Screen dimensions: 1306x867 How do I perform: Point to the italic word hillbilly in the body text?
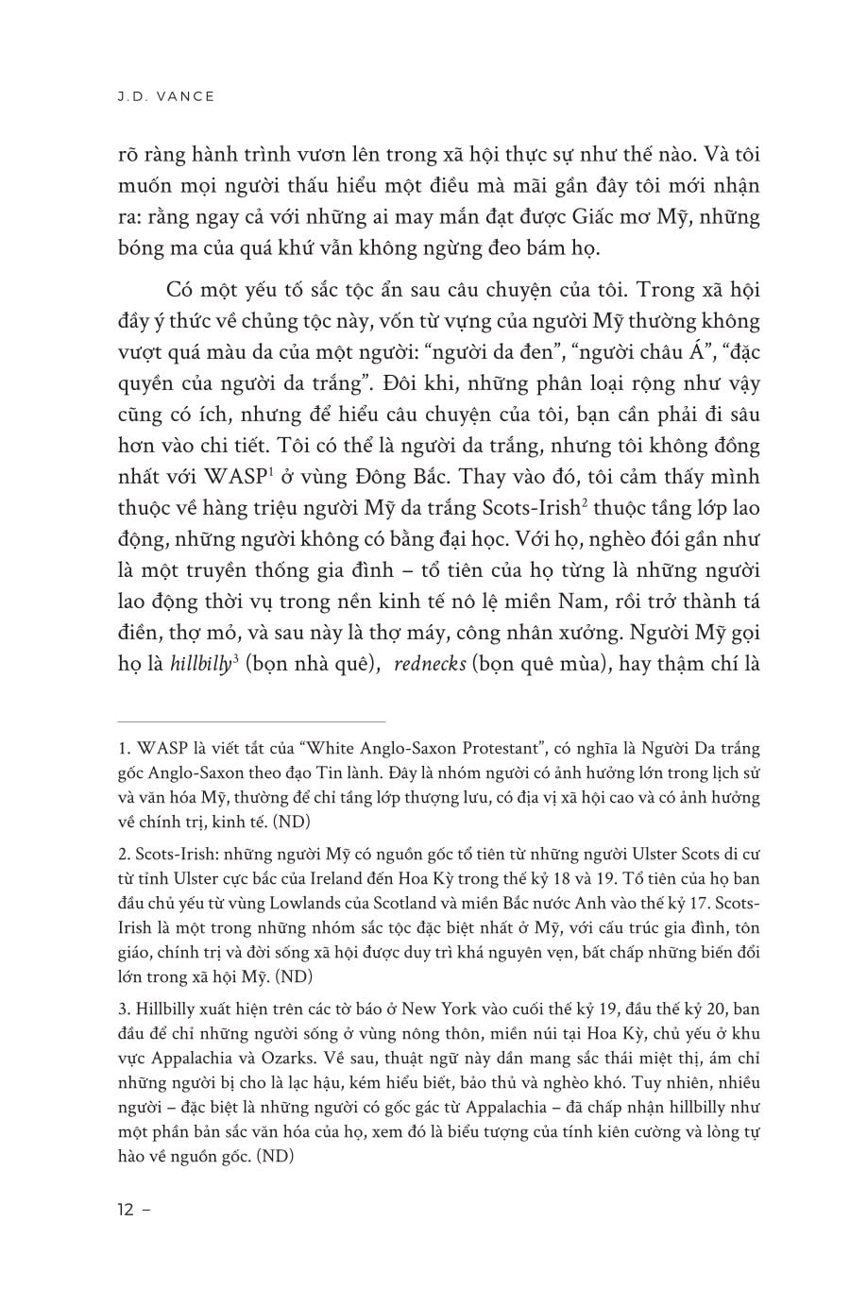click(x=201, y=666)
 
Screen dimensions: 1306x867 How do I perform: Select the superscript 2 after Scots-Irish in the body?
click(x=586, y=505)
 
